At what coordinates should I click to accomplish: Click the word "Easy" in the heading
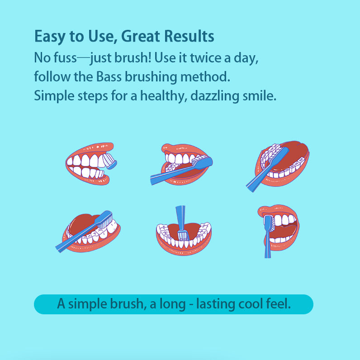click(47, 36)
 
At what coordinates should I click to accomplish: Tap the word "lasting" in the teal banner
click(212, 304)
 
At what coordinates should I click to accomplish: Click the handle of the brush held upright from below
click(267, 244)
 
